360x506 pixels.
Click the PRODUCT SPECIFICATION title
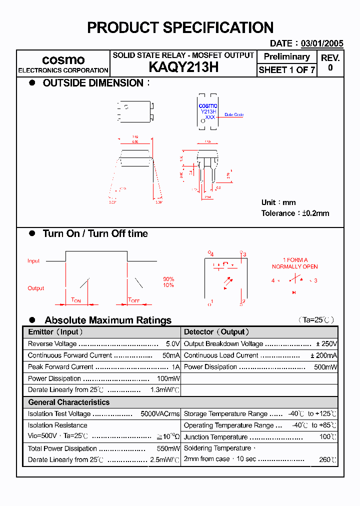(180, 27)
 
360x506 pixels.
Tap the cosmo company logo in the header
(63, 60)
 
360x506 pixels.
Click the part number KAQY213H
(183, 67)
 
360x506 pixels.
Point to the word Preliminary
(286, 56)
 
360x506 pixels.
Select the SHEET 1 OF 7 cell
(286, 70)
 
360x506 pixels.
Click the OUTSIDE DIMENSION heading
(93, 83)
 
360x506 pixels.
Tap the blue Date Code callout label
(233, 114)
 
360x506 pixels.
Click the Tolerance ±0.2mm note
(295, 213)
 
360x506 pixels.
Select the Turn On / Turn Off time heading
(95, 233)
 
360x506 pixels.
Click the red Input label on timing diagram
(33, 261)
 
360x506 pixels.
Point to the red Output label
(35, 288)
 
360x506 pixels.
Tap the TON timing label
(76, 300)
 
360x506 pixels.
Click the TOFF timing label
(133, 300)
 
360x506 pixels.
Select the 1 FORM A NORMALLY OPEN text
(294, 263)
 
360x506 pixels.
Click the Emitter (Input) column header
(55, 332)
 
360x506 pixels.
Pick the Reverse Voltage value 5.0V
(172, 344)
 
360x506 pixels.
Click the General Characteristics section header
(68, 402)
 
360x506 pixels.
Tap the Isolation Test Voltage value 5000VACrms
(160, 414)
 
